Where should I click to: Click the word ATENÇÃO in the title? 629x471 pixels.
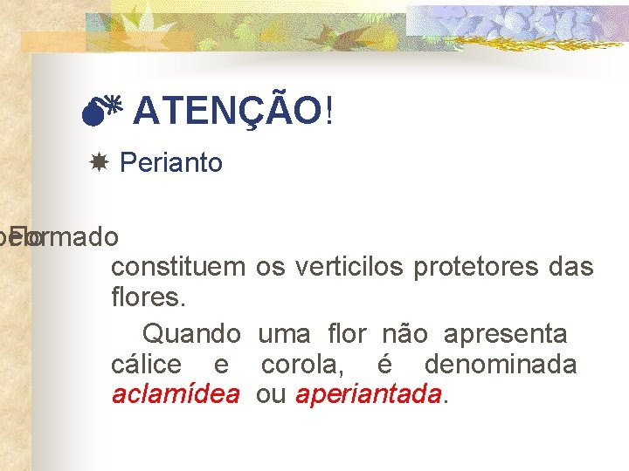pos(228,112)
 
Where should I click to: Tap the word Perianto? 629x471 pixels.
pos(171,163)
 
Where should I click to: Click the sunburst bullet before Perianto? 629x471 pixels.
pos(99,163)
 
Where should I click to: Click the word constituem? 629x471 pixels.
pos(178,267)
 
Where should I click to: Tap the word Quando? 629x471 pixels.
pos(191,333)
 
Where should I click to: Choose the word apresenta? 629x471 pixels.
pos(505,333)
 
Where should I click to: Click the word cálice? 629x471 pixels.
pos(147,365)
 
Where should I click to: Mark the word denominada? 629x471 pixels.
pos(501,365)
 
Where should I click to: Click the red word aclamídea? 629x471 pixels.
pos(176,394)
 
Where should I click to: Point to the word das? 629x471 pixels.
pos(572,267)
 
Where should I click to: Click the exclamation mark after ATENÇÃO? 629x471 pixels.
pos(328,112)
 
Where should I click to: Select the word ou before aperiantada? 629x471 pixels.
pos(271,394)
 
